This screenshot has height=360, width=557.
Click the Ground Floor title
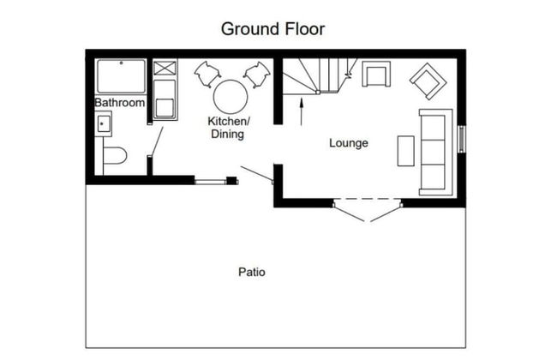[273, 29]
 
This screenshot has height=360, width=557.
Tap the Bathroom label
[120, 103]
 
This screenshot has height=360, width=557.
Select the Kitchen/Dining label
[229, 128]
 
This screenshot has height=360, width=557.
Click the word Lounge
[349, 143]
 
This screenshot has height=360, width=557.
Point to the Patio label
[252, 273]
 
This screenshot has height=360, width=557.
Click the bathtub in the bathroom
[121, 76]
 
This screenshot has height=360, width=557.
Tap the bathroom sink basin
[104, 123]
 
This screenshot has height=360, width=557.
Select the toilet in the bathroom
[115, 156]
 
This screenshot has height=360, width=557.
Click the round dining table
[231, 97]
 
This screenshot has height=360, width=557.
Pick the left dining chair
[207, 74]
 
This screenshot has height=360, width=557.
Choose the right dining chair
[257, 75]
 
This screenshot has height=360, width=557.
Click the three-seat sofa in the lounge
[436, 152]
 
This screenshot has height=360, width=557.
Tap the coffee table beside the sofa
[405, 151]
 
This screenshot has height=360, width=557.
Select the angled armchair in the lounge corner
[428, 81]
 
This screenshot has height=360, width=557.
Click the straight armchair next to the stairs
[376, 74]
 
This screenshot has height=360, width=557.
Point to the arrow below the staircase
[302, 111]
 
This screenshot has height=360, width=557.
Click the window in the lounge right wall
[461, 139]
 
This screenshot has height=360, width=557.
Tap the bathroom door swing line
[157, 141]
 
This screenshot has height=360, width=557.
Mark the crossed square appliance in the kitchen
[165, 68]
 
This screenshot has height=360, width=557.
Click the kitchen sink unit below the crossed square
[165, 99]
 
